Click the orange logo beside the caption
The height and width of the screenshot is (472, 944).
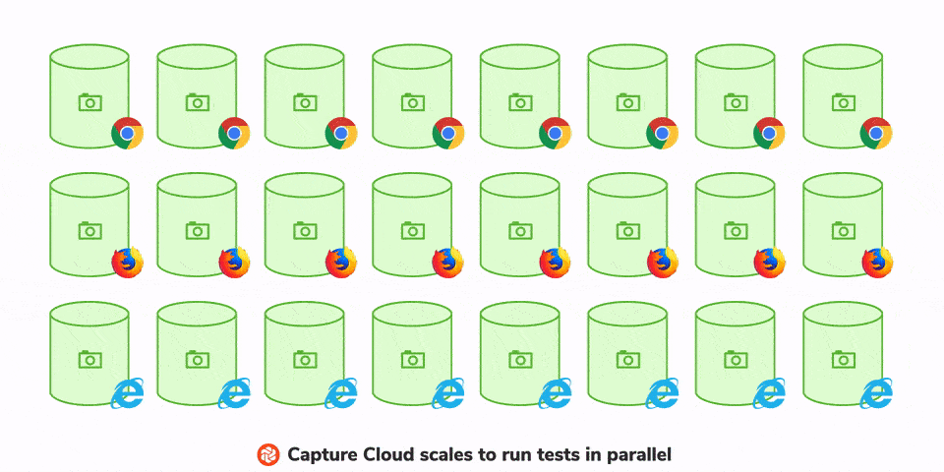pos(268,454)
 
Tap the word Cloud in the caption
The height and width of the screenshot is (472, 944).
pos(391,455)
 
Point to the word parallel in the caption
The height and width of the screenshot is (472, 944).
pos(637,455)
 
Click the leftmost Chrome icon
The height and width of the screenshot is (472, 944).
pos(127,133)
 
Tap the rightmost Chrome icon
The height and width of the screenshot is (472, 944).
pos(876,133)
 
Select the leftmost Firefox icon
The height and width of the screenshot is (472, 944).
pos(127,262)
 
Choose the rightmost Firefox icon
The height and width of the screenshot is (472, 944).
pos(876,262)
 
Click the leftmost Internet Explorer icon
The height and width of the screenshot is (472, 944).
pos(127,392)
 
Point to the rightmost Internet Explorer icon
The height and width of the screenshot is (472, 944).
pos(876,392)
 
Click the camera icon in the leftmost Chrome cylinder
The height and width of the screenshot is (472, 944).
pos(89,101)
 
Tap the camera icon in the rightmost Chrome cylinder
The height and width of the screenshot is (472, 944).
pos(843,101)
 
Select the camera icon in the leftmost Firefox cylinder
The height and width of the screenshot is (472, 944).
pos(89,230)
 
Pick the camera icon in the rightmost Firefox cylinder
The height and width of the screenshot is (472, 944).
pos(843,230)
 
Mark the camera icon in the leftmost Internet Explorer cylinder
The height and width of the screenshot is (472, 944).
pos(89,359)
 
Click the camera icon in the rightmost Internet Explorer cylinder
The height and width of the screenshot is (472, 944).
pos(843,359)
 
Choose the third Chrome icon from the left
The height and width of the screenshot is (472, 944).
pos(341,133)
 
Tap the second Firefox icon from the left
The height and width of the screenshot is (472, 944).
pos(234,262)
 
